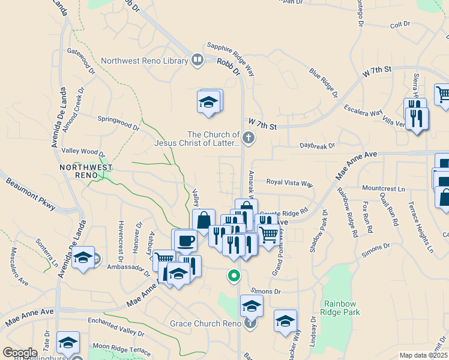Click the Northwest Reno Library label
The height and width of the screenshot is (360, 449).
point(144,61)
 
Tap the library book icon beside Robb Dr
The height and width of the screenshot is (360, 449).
point(197,60)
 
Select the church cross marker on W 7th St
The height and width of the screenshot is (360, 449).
point(249,139)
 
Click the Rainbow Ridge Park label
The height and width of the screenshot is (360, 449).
point(341,308)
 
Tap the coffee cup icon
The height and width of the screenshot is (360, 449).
point(185,241)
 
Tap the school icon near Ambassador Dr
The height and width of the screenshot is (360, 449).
point(83,258)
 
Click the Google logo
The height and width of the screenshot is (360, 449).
point(20,353)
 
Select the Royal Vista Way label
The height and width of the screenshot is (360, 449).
point(290,182)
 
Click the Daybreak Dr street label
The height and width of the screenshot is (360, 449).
point(317,145)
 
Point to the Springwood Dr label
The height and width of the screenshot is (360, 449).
point(118,123)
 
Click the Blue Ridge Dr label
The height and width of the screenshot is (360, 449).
point(324,82)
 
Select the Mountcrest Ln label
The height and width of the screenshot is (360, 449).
point(384,188)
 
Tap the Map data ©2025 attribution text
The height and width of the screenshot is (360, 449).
point(423,355)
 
